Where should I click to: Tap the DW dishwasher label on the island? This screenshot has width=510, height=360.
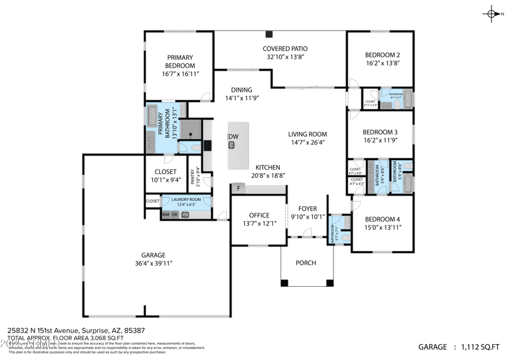pos(233,137)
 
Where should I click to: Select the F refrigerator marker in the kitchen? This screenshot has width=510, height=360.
pos(238,189)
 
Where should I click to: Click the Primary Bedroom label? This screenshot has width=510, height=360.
pos(180,61)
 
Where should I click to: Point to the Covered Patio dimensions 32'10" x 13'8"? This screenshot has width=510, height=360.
pos(285,57)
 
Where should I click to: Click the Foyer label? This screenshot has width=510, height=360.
pos(307,208)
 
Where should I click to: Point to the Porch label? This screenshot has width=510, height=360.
pos(306,263)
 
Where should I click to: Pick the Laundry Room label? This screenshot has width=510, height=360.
pos(187,199)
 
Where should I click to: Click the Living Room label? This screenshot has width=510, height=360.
pos(307,134)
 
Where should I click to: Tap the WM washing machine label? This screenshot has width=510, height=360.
pos(166,215)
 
